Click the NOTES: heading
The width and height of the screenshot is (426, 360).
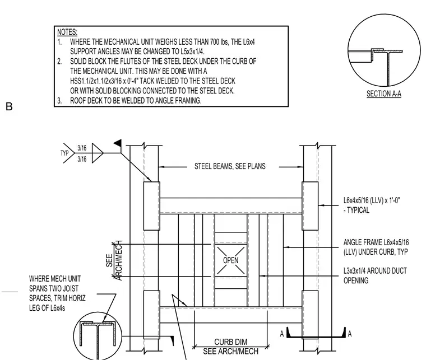point(67,32)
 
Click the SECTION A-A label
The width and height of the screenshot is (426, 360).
point(383,94)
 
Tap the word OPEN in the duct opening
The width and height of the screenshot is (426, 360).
point(231,260)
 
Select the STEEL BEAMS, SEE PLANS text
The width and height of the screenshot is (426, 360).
point(230,166)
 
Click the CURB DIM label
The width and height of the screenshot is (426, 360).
point(231,342)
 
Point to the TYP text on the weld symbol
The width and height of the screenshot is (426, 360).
point(64,153)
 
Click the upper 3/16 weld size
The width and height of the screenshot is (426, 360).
point(82,148)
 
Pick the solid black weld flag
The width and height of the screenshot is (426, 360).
point(118,143)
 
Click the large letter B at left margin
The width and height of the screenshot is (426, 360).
point(9,106)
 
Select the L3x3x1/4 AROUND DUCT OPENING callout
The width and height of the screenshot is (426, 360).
point(375,275)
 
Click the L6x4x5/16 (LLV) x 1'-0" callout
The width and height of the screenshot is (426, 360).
point(372,205)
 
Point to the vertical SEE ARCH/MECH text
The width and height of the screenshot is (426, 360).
point(114,260)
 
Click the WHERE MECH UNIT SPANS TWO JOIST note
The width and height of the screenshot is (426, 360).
point(57,293)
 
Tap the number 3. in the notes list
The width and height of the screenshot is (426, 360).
point(59,101)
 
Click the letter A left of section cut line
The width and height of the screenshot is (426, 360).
point(282,334)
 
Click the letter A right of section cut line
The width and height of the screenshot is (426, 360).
point(350,334)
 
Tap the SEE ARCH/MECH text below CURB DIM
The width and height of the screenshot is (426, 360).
point(231,351)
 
